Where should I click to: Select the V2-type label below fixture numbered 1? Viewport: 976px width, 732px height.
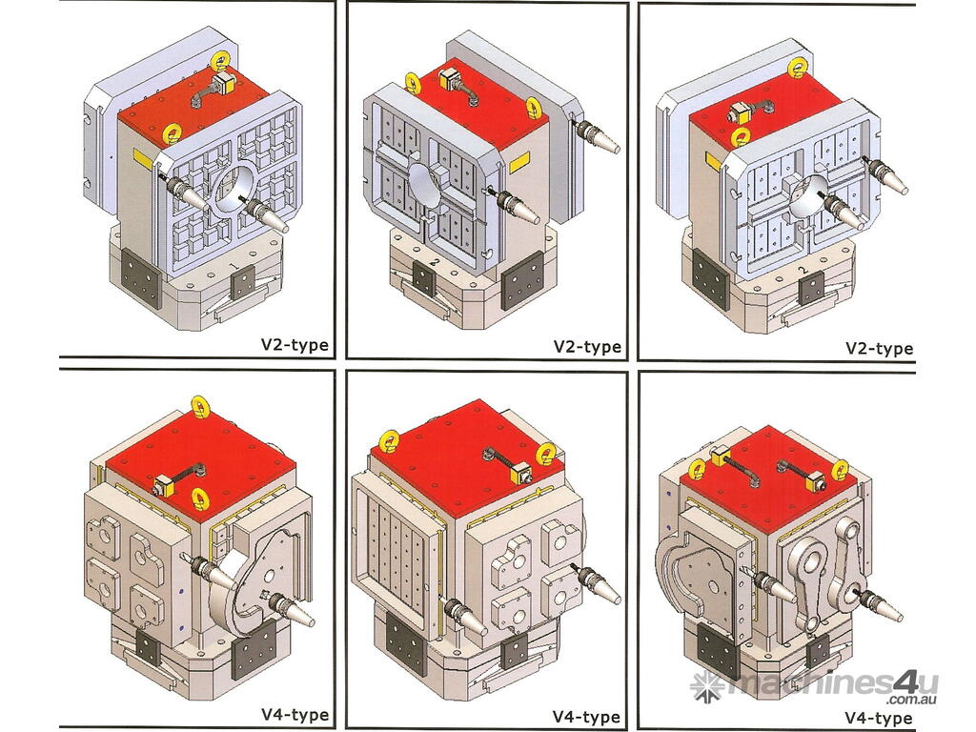[x=295, y=345]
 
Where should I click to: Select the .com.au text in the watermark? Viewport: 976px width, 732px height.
[x=912, y=700]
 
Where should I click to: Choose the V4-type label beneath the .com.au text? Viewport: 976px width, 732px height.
[x=878, y=719]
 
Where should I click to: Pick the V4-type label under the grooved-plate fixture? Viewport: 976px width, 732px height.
[x=586, y=717]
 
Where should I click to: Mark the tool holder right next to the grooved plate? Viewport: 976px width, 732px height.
[x=464, y=617]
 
